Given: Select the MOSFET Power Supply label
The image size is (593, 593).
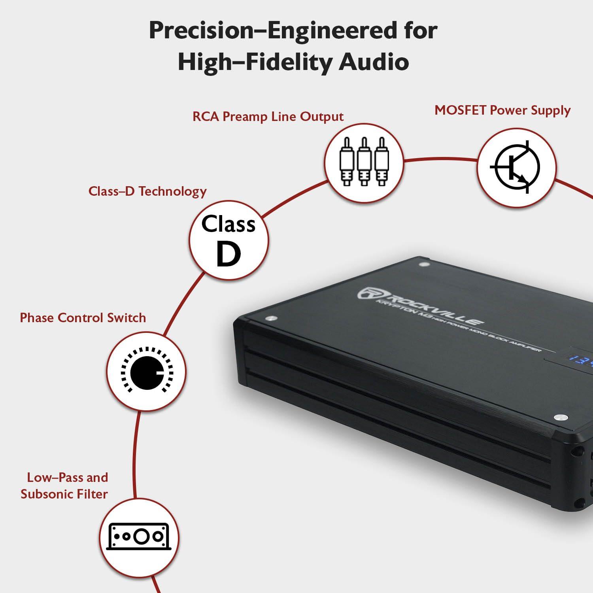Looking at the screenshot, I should point(502,110).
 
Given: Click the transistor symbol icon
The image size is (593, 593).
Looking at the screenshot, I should point(516,168).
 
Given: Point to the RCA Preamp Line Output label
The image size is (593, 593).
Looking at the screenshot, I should point(268,117).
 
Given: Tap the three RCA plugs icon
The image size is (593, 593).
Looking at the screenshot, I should point(364,162).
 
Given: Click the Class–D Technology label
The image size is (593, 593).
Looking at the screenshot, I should point(147,191).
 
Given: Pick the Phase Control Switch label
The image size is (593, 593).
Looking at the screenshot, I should point(83,318).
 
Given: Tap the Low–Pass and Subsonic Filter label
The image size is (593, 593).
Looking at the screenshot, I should point(64,485).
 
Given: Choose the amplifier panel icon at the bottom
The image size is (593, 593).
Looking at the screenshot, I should point(138,537).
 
